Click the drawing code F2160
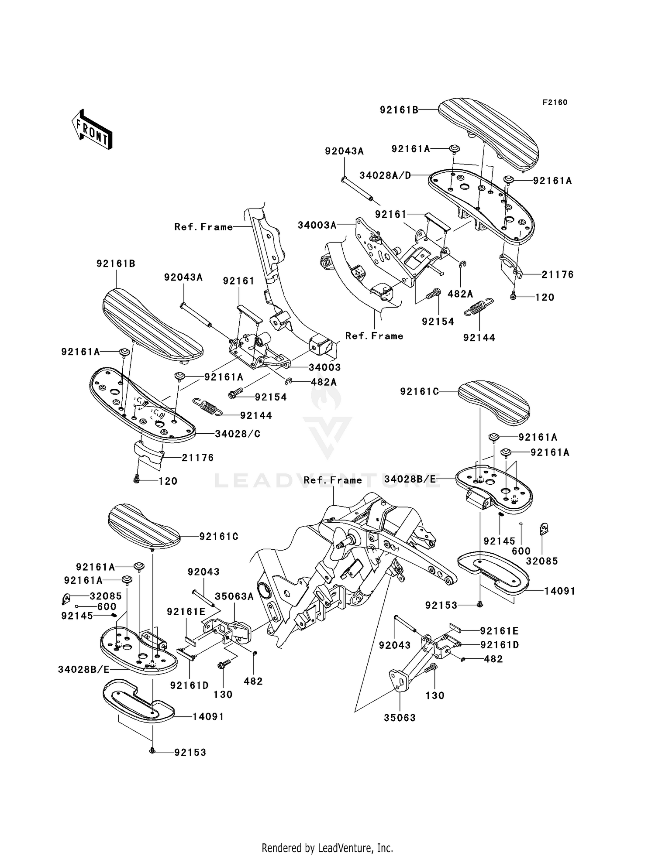pos(555,103)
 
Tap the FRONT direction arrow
pos(92,130)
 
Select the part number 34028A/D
pos(385,175)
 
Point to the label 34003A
pos(317,225)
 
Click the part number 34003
pos(325,367)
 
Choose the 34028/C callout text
pos(238,434)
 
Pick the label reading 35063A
pos(234,597)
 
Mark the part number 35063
pos(400,718)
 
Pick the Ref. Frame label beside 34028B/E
pos(333,480)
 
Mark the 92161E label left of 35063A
pos(186,612)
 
